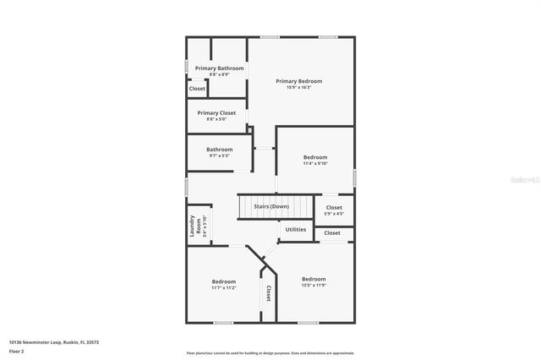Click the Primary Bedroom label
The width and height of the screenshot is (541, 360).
tap(298, 81)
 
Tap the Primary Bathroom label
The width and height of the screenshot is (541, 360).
tap(219, 68)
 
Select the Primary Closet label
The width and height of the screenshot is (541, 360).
tap(216, 112)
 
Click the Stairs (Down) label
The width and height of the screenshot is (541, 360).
tap(271, 206)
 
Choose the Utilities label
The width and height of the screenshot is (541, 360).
tap(296, 229)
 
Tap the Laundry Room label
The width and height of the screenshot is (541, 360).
tap(194, 226)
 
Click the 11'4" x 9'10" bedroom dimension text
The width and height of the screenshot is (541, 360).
tap(315, 163)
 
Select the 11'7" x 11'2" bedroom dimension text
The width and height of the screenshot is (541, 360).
tap(224, 288)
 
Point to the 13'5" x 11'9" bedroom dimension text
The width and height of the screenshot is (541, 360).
tap(314, 285)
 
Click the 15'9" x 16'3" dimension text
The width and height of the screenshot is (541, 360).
tap(298, 87)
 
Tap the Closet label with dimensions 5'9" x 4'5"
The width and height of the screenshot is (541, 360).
tap(334, 207)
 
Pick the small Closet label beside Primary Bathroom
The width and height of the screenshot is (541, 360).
tap(197, 88)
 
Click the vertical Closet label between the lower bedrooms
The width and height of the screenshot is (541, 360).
tap(269, 293)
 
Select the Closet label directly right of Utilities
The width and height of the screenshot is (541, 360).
tap(332, 233)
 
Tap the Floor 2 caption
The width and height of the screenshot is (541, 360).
tap(16, 351)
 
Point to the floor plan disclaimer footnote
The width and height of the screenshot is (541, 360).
tap(270, 353)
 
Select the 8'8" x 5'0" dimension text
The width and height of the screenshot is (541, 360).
tap(216, 119)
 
